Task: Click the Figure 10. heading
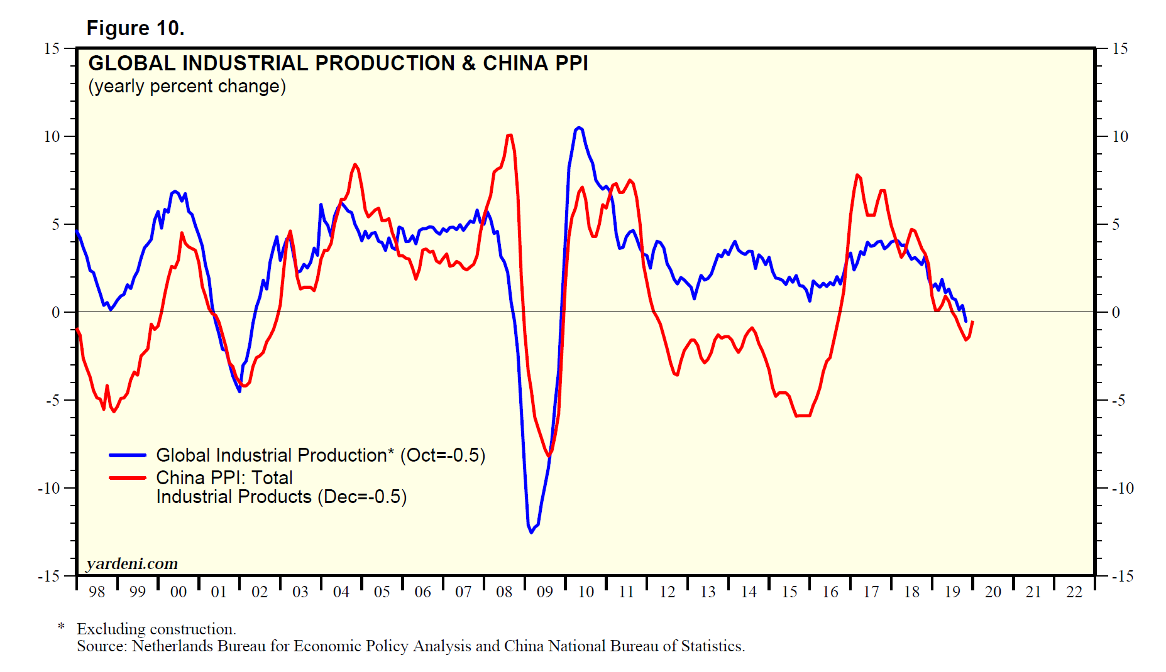coord(135,28)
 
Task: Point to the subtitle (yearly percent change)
coord(187,86)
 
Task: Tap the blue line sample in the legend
coord(128,455)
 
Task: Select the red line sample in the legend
coord(128,478)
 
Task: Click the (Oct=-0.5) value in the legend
coord(443,455)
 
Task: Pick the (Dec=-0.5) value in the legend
coord(362,497)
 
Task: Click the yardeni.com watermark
coord(132,563)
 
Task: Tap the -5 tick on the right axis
coord(1119,400)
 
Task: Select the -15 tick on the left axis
coord(49,576)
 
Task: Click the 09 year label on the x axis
coord(545,592)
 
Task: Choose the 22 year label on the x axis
coord(1074,592)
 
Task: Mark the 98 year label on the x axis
coord(97,592)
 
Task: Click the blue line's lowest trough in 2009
coord(531,532)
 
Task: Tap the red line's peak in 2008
coord(509,135)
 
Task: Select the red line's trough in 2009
coord(549,455)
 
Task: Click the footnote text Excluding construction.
coord(157,629)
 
